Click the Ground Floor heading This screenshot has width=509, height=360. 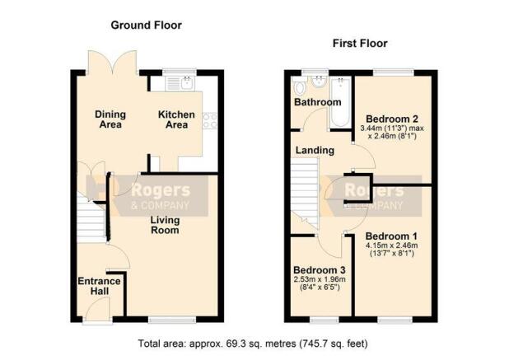point(146,26)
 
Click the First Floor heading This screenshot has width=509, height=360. point(360,44)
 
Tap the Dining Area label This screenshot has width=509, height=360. point(110,119)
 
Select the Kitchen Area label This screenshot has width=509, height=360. point(176,119)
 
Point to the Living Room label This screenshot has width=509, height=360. point(165,225)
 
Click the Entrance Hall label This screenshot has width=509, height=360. point(100,286)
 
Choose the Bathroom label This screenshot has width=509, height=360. point(318,102)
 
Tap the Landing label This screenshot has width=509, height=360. point(315,150)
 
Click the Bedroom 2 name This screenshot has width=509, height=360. point(392,119)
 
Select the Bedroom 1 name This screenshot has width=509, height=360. point(391,236)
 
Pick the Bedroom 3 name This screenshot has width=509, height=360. point(320,270)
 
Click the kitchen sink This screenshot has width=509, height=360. point(180,83)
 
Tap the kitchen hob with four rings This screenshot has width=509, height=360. point(210,120)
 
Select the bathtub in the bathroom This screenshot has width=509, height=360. point(339,102)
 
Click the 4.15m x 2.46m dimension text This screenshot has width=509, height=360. point(392,245)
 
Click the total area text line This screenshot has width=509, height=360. point(253,344)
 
